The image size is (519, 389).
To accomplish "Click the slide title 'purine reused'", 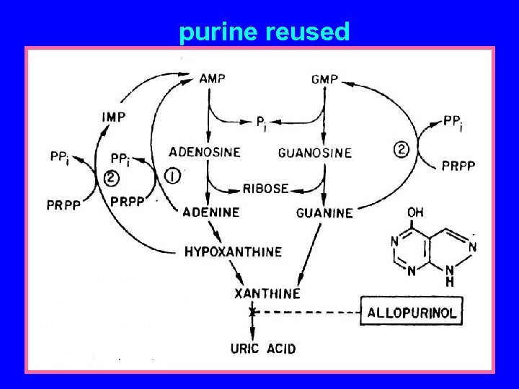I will click(x=264, y=32).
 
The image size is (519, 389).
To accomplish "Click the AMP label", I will click(x=212, y=79).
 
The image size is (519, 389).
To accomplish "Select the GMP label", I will click(x=325, y=79).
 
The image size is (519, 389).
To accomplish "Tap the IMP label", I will click(x=114, y=117).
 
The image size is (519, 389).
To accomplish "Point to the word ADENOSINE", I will click(x=205, y=152).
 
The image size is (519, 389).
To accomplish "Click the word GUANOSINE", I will click(x=315, y=153).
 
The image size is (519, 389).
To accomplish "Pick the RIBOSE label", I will click(x=265, y=189).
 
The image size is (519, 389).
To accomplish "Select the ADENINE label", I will click(x=210, y=213).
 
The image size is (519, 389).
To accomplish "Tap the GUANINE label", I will click(x=324, y=213).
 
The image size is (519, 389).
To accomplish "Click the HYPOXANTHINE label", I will click(x=233, y=251).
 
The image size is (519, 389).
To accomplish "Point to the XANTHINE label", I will click(x=267, y=293).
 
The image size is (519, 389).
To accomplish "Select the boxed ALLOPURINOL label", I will click(x=412, y=313).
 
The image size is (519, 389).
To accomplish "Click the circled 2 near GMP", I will click(x=402, y=150).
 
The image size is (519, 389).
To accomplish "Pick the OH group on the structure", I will click(x=415, y=213).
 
